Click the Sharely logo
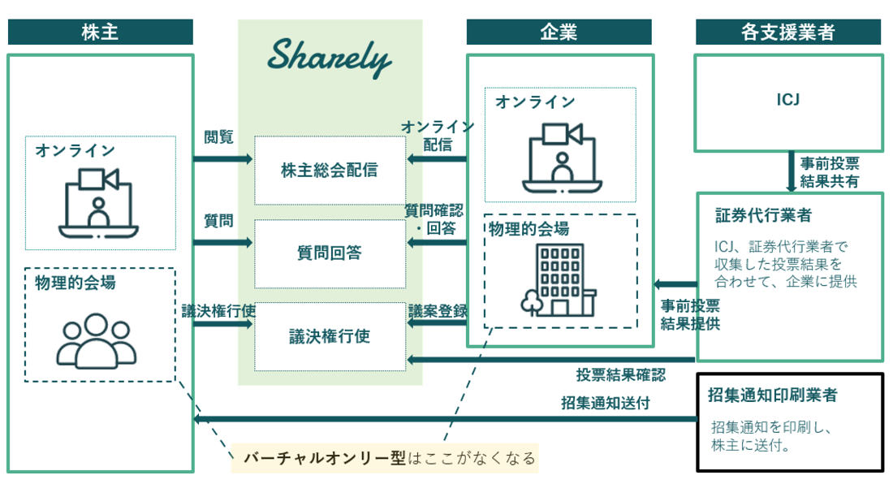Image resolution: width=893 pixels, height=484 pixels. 330,58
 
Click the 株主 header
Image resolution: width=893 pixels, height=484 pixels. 101,32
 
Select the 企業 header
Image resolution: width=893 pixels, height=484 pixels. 559,32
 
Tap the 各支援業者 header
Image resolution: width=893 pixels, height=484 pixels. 788,32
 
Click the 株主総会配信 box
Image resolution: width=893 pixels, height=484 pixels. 330,171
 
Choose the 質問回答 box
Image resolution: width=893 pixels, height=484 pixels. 330,253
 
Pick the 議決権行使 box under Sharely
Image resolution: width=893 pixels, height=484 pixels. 330,336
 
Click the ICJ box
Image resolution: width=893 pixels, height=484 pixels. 788,102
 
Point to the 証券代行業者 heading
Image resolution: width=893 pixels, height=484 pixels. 763,216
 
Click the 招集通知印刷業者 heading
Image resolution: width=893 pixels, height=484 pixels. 773,395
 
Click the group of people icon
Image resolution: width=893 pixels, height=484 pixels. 96,339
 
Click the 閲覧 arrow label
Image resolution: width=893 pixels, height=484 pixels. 218,137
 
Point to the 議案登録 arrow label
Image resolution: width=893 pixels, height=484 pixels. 436,310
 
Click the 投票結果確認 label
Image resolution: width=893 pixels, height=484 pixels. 620,375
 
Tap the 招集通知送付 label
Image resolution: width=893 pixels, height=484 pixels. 605,403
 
